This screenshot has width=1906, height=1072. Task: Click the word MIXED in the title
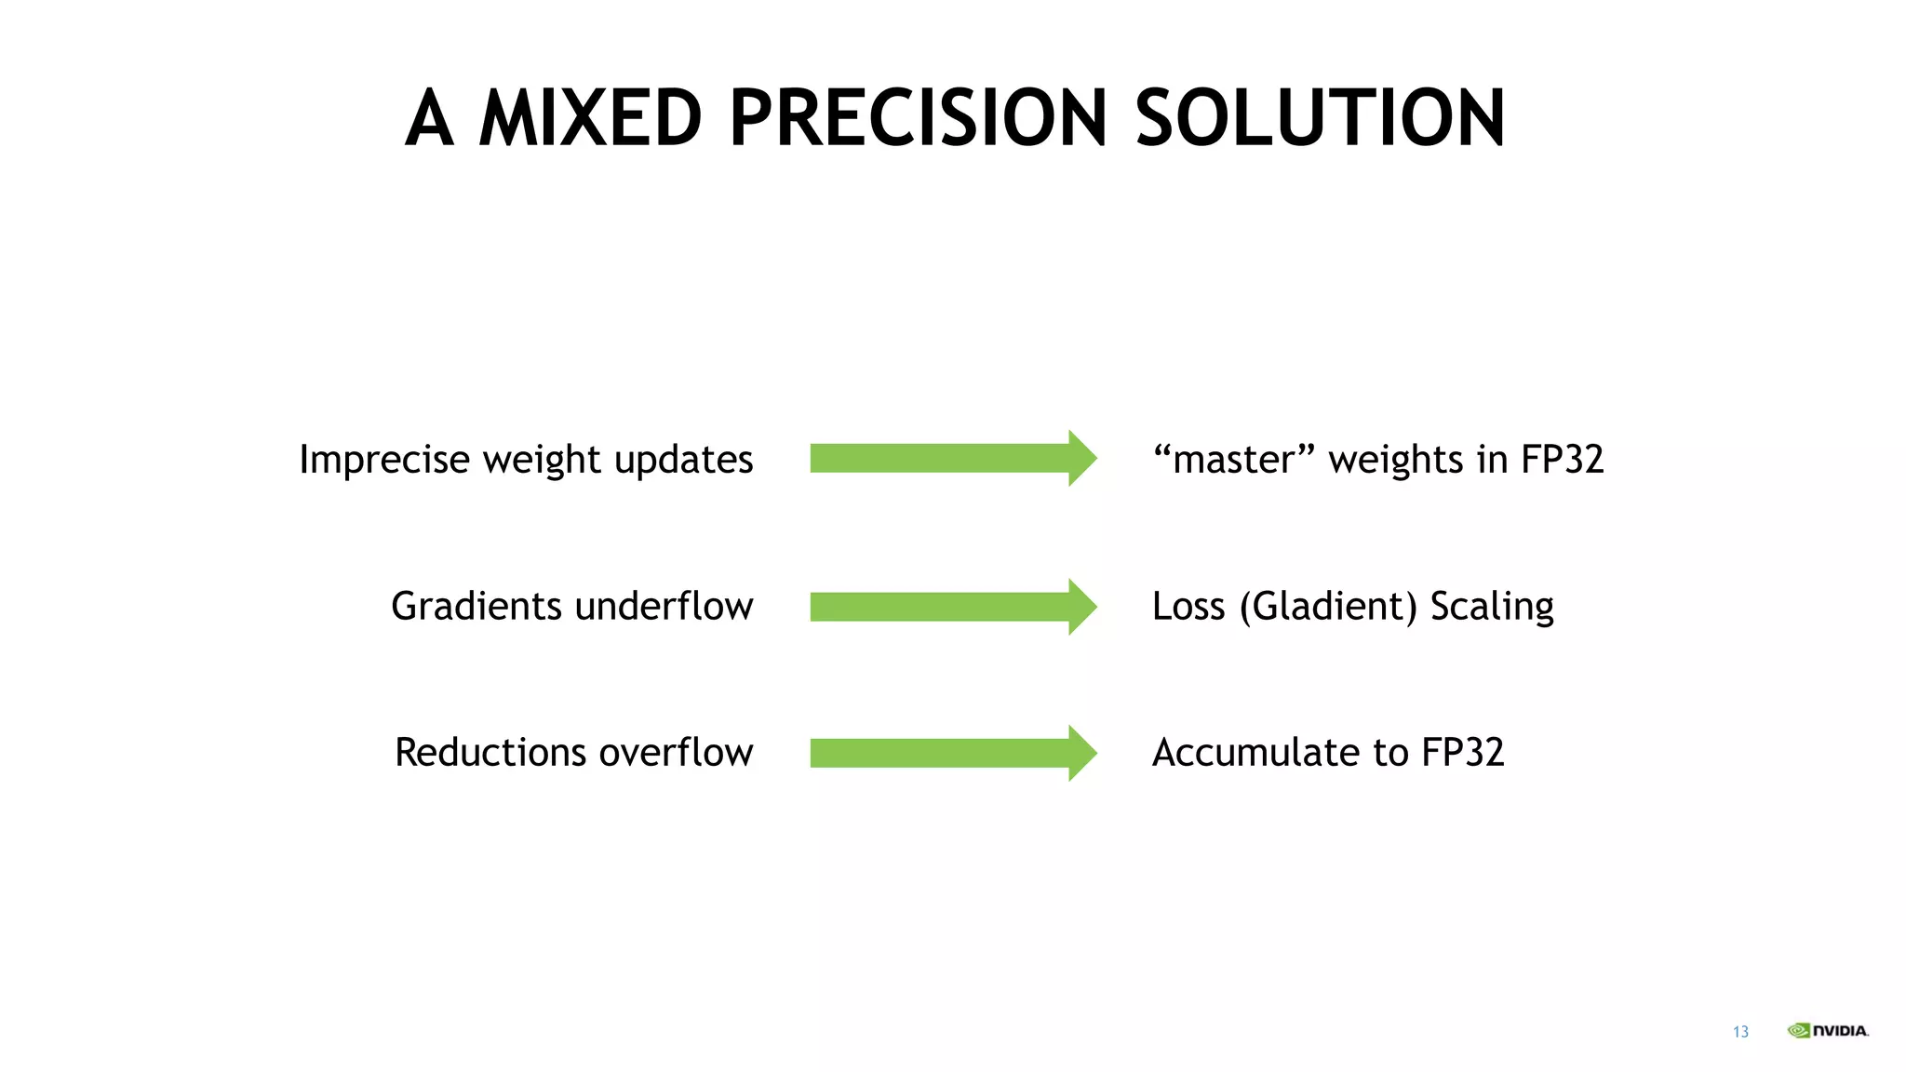pyautogui.click(x=590, y=118)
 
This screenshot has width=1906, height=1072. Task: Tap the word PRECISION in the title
pyautogui.click(x=919, y=118)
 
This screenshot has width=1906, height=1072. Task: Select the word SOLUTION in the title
pyautogui.click(x=1319, y=118)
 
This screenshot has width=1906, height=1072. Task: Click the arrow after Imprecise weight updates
pyautogui.click(x=952, y=458)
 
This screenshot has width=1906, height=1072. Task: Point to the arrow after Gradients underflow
pyautogui.click(x=952, y=607)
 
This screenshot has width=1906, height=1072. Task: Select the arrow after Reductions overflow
pyautogui.click(x=952, y=753)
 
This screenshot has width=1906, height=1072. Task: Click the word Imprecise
pyautogui.click(x=384, y=460)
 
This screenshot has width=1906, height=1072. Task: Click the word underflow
pyautogui.click(x=664, y=607)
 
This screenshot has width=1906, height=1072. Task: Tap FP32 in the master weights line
pyautogui.click(x=1562, y=460)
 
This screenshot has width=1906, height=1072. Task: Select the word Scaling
pyautogui.click(x=1492, y=607)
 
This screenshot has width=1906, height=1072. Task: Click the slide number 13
pyautogui.click(x=1740, y=1032)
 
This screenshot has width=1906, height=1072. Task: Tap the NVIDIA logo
pyautogui.click(x=1828, y=1030)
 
